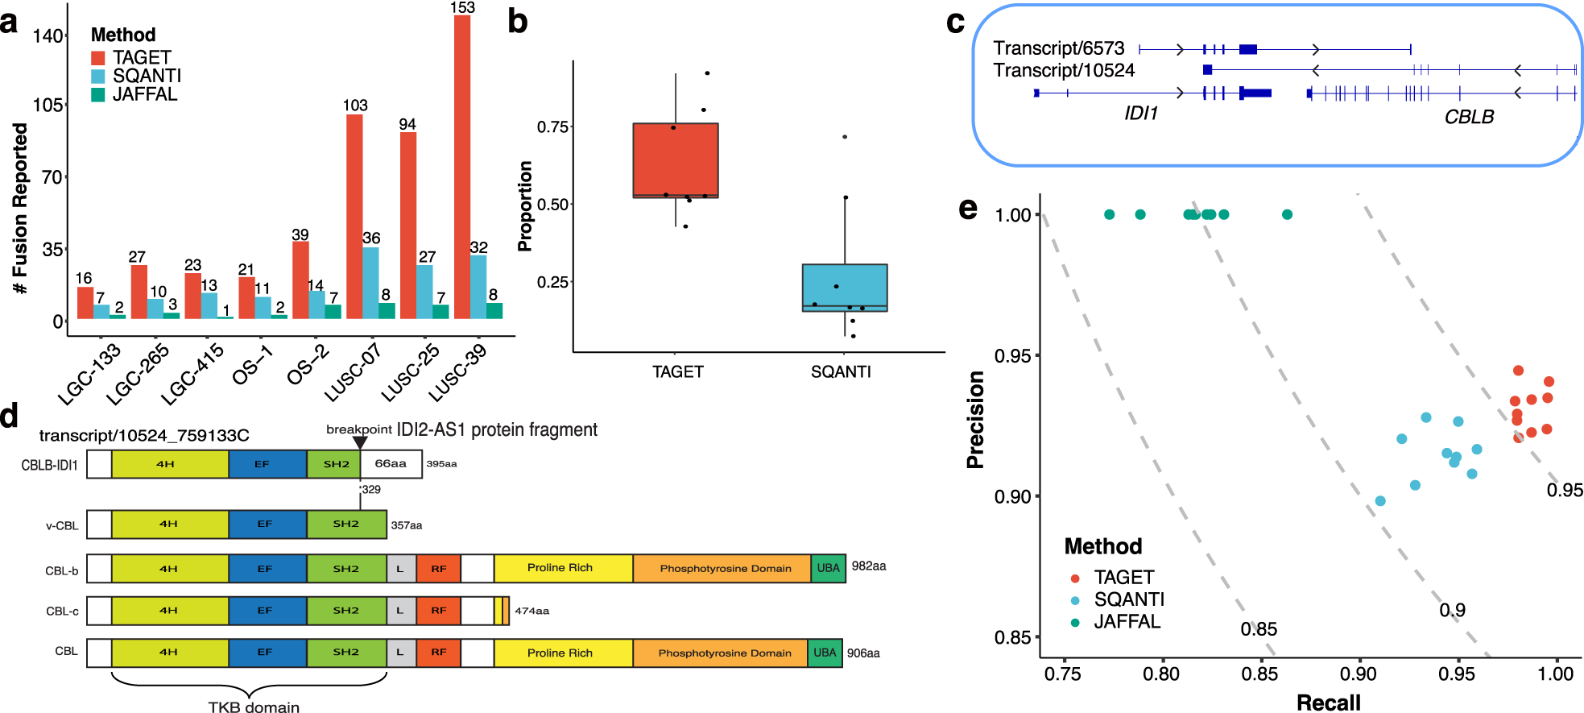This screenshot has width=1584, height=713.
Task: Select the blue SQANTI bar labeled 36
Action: (x=370, y=283)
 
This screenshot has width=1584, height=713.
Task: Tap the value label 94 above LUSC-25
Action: (x=407, y=124)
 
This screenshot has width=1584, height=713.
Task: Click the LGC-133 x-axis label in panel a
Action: (x=89, y=373)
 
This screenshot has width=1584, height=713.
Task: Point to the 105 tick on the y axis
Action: (x=48, y=106)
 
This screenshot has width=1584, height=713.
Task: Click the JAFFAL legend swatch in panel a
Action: (x=98, y=94)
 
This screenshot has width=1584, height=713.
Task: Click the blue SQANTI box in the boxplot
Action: (x=845, y=287)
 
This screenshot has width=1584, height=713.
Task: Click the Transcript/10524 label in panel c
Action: (x=1063, y=71)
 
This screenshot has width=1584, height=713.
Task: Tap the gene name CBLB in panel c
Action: (x=1469, y=118)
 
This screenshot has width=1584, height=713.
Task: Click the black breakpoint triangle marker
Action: (x=360, y=441)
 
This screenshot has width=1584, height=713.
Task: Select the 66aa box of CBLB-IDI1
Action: (x=391, y=464)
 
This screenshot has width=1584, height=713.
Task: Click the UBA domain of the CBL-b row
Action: (x=828, y=568)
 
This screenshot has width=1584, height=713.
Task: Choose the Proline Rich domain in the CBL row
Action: (x=560, y=653)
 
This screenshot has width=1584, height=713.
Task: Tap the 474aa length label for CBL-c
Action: (x=531, y=611)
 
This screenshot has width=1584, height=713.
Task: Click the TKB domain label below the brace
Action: (x=254, y=707)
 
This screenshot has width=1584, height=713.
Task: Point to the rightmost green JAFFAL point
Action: (x=1287, y=214)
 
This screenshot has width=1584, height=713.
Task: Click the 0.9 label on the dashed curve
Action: (x=1452, y=610)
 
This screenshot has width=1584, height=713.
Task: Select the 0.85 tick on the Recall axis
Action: (x=1259, y=674)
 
